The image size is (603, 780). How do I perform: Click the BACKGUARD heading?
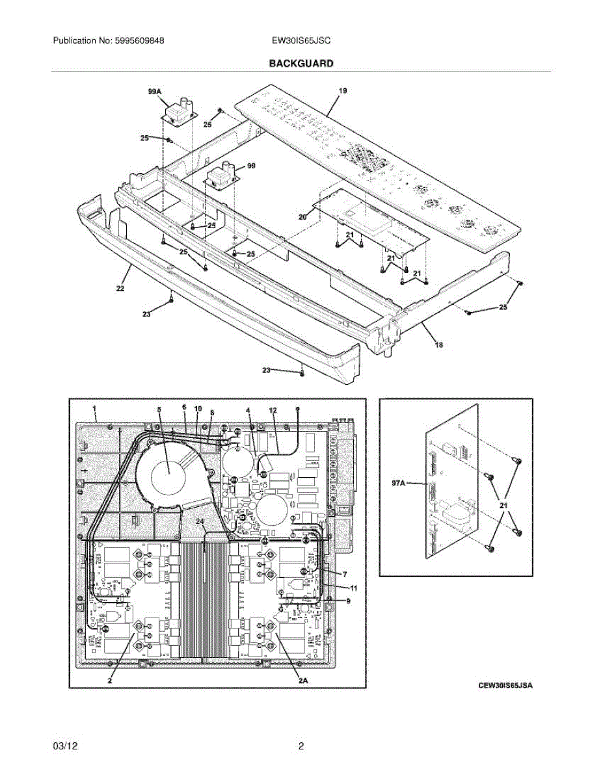coord(301,64)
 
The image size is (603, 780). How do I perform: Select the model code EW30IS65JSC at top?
coord(301,40)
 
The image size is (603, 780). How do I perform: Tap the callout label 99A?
coord(154,93)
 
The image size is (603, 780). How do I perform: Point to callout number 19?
coord(343,91)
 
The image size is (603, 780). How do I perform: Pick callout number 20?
coord(302,218)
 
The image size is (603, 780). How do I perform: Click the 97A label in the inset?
coord(398,484)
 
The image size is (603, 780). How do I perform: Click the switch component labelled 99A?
coord(176,115)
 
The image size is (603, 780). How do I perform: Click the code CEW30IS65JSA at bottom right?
coord(505,686)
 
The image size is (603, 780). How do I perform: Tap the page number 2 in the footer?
coord(301,747)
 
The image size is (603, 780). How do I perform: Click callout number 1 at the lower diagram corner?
coord(95,409)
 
